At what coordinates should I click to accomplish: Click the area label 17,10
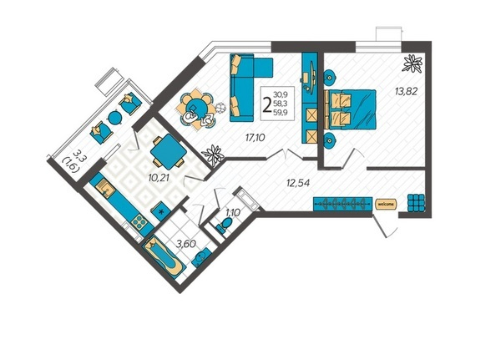pos(256,138)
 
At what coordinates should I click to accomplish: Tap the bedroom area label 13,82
pos(406,91)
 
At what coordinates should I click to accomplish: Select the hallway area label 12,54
pos(298,183)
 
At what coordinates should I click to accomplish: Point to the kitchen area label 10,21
pos(158,178)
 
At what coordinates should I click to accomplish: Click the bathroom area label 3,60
pos(186,245)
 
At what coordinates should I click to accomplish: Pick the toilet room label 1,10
pos(233,212)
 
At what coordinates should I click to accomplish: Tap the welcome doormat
pos(386,204)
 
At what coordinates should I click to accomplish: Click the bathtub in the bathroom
pos(164,255)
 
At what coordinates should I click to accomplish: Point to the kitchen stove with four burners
pos(139,221)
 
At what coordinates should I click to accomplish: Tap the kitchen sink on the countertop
pos(106,188)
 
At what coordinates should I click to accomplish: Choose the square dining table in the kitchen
pos(169,152)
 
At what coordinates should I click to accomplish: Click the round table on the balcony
pos(114,118)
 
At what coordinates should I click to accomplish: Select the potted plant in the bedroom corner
pos(412,63)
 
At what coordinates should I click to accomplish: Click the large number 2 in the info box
pos(266,104)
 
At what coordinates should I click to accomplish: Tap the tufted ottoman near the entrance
pos(417,203)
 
